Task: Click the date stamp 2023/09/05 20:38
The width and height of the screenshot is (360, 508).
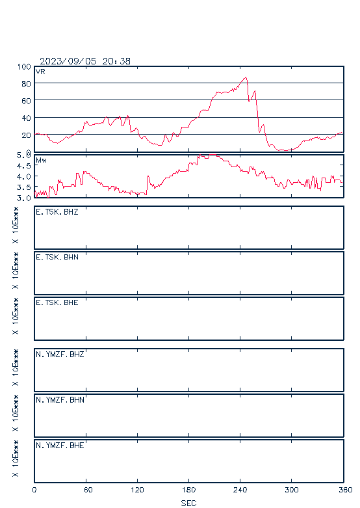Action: pos(85,61)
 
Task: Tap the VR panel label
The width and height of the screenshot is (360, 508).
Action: pos(40,72)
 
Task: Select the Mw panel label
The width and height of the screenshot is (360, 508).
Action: pos(41,160)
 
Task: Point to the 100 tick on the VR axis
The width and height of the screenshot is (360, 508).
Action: pos(24,67)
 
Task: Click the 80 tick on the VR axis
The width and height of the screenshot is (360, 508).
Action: pos(26,84)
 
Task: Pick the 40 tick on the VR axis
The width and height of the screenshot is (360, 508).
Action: pos(26,118)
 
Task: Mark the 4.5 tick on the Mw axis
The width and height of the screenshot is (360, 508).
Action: pos(23,166)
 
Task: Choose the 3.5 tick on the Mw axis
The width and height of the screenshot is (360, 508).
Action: pos(23,187)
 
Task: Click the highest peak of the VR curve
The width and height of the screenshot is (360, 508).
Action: pos(246,77)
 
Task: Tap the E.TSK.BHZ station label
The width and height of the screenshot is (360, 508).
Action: pos(57,212)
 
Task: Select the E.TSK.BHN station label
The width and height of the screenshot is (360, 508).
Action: pos(57,257)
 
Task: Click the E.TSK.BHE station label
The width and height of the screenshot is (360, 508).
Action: pos(57,302)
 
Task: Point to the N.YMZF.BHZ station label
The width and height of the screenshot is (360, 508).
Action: pos(60,354)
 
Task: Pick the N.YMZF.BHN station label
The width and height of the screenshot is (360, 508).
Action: pos(60,400)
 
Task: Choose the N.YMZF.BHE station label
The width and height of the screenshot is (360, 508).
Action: pos(60,446)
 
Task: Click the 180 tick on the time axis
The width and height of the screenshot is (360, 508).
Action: pos(188,490)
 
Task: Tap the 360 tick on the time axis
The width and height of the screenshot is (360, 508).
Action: pos(345,490)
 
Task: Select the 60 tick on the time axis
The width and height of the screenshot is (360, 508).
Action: pos(88,490)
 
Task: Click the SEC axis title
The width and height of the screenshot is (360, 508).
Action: pos(188,503)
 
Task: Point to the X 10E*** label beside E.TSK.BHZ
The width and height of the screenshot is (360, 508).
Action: pos(15,225)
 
